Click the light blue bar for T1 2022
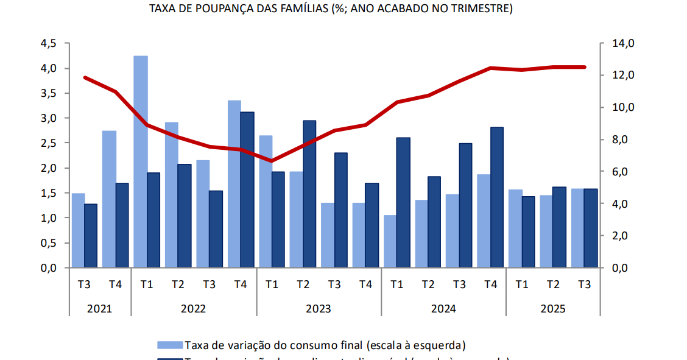[141, 161]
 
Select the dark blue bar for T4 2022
[247, 189]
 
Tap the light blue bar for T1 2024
[390, 241]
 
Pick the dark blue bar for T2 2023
[309, 194]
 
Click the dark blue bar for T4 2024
[497, 197]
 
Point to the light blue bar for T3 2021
[79, 230]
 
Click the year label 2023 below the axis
[319, 309]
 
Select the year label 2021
[99, 309]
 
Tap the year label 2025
[553, 309]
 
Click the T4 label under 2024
[490, 284]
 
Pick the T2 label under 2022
[178, 284]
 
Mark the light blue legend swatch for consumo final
[169, 345]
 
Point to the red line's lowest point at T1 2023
[272, 161]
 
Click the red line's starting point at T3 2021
[85, 77]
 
